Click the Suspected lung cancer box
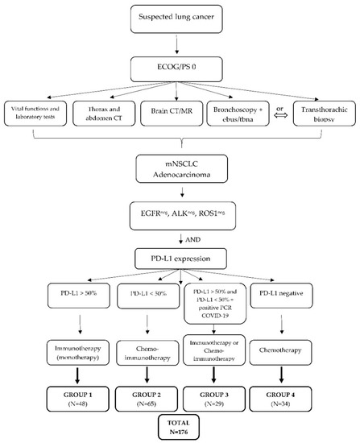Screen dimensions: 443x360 click(x=180, y=19)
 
